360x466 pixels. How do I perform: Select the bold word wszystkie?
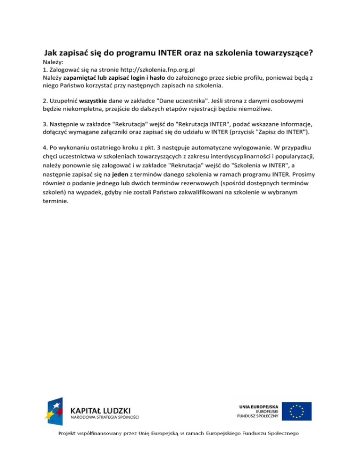(93, 101)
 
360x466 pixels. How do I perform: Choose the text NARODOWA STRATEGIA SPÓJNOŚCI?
(105, 416)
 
